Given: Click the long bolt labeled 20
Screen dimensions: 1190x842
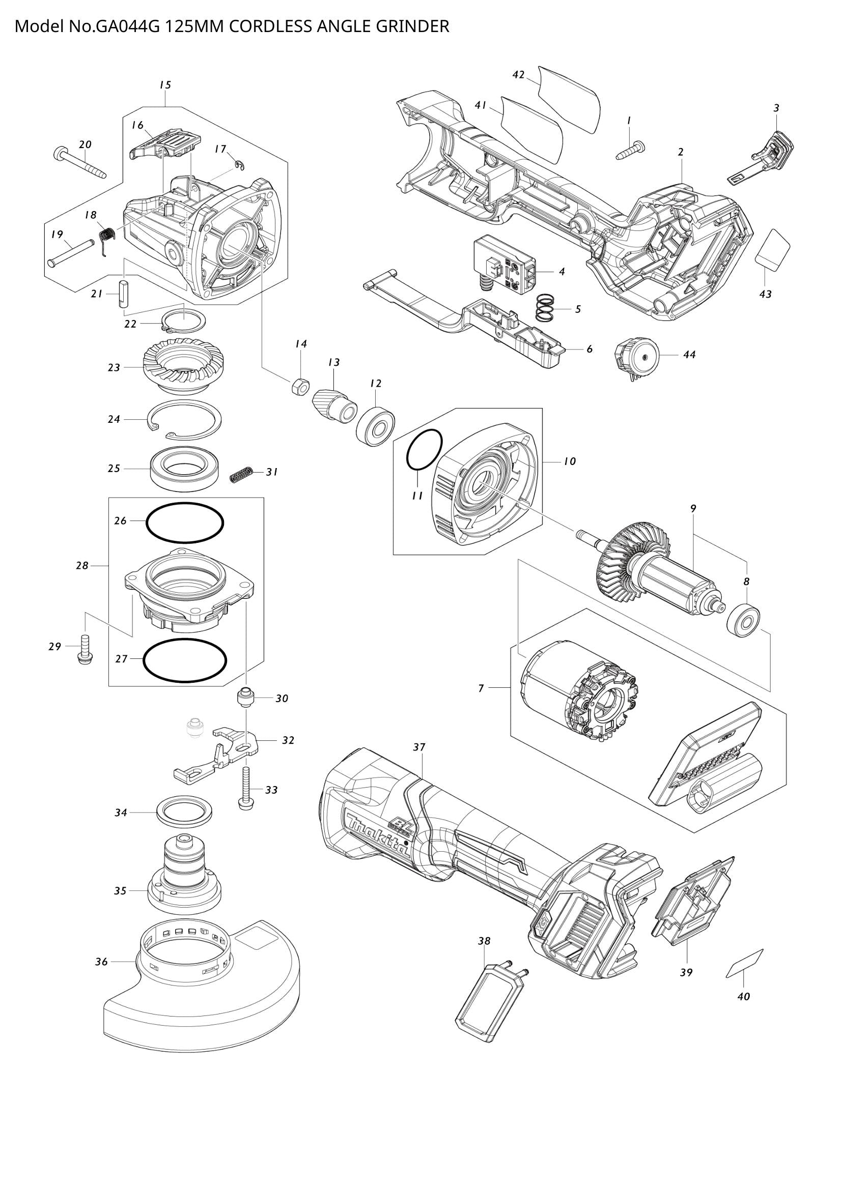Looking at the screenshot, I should coord(80,163).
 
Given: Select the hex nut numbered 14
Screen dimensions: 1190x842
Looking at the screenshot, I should coord(300,386).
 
